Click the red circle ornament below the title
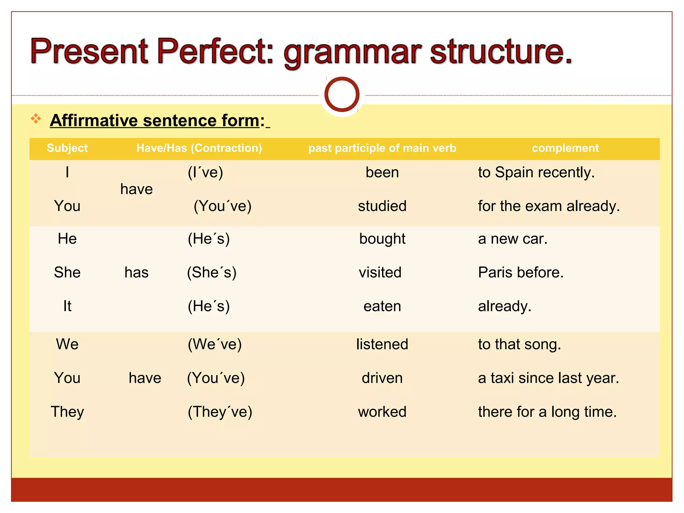coord(342,95)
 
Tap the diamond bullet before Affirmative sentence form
coord(36,119)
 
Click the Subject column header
coord(67,148)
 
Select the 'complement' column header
coord(565,148)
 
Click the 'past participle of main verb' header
coord(382,148)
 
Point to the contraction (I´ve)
coord(205,173)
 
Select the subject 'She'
coord(67,273)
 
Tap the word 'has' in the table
coord(136,273)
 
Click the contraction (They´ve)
coord(220,412)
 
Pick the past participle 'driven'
coord(382,378)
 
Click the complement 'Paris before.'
coord(521,273)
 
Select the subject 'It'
coord(67,306)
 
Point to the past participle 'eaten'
coord(382,306)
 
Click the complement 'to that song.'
coord(519,344)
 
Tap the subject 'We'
coord(67,344)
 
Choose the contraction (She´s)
coord(211,273)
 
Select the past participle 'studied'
coord(382,206)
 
